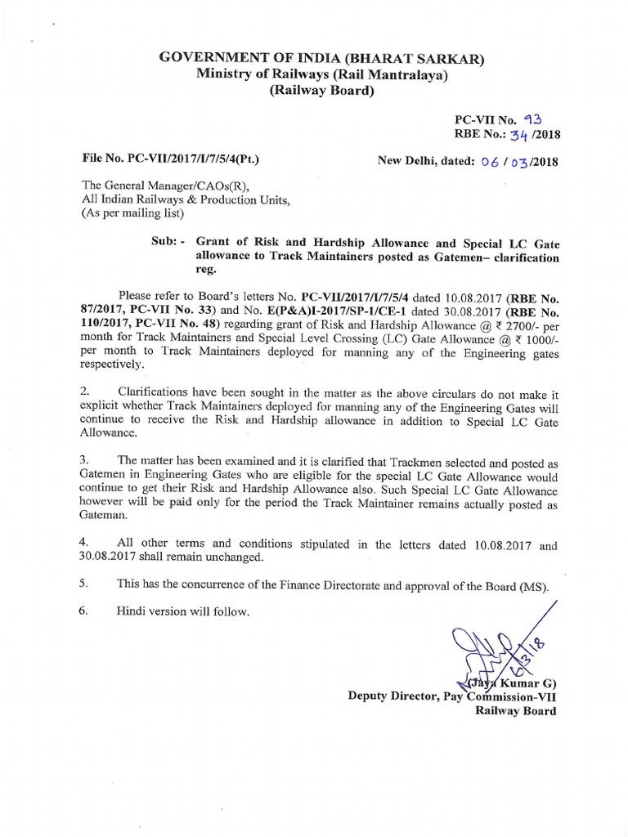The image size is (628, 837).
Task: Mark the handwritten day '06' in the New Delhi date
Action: coord(488,161)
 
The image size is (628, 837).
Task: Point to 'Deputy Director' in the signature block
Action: coord(391,696)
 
